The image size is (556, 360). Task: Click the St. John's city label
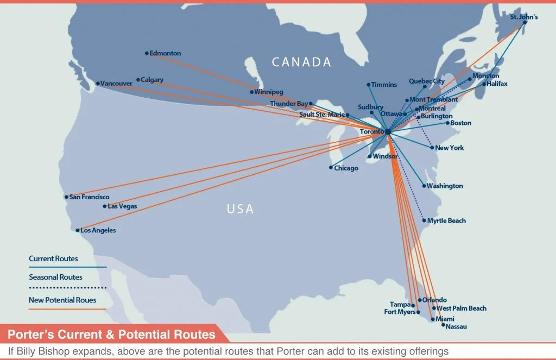pos(524,17)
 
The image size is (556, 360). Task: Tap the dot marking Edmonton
pos(147,53)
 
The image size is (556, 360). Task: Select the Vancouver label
pos(116,84)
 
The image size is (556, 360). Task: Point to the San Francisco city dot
pos(66,197)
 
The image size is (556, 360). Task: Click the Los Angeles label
pos(98,231)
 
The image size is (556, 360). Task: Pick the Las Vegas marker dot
pos(105,206)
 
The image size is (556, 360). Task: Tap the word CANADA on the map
pos(301,62)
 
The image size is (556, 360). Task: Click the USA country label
pos(241,209)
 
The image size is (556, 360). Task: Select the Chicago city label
pos(346,168)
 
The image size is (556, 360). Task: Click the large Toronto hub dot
pos(388,132)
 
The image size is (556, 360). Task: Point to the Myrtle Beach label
pos(446,221)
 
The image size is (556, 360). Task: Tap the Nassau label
pos(456,327)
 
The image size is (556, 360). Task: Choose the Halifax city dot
pos(484,84)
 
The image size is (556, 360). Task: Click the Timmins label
pos(384,85)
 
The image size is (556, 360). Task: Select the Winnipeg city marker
pos(251,92)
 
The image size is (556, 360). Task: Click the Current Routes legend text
pos(53,259)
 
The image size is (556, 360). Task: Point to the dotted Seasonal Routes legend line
pos(67,287)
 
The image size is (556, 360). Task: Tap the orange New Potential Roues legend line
pos(67,310)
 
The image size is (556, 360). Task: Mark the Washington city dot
pos(424,186)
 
